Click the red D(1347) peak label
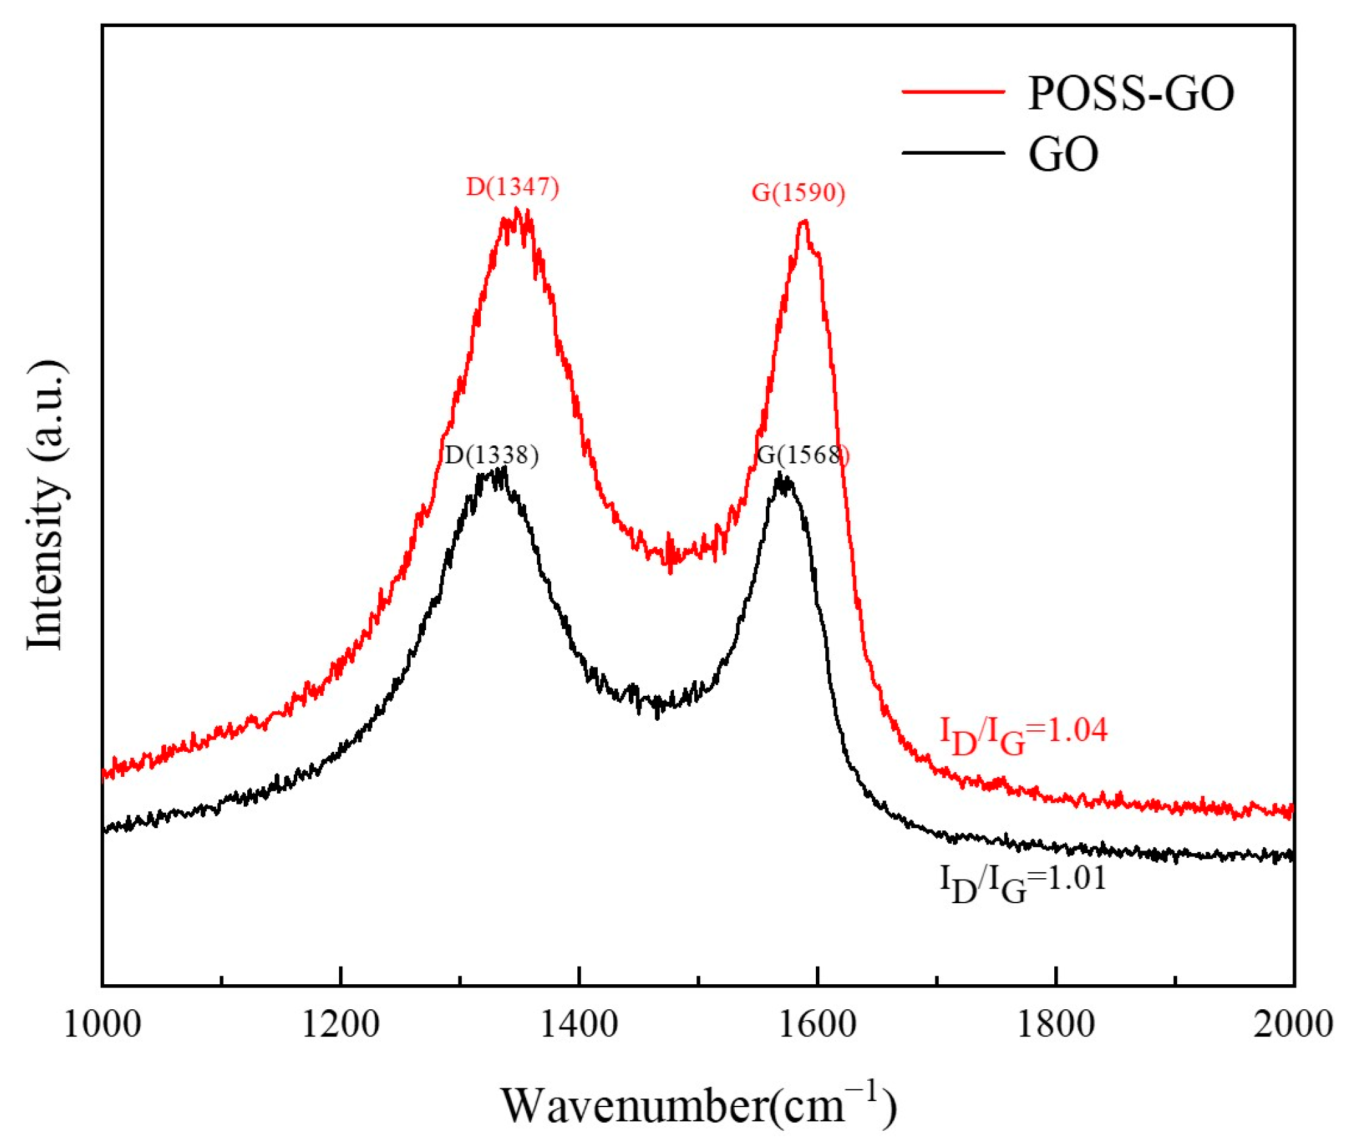click(513, 187)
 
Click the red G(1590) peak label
click(798, 193)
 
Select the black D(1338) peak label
click(491, 455)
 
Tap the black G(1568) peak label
click(802, 455)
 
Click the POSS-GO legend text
click(1131, 93)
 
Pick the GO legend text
click(1063, 155)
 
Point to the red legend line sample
click(953, 91)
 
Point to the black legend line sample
click(953, 153)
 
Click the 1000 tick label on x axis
click(102, 1025)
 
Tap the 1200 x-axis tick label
click(340, 1025)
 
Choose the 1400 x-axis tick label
click(579, 1025)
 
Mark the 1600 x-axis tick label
click(817, 1025)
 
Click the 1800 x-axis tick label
click(1056, 1025)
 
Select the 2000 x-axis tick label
click(1293, 1025)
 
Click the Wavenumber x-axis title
click(698, 1106)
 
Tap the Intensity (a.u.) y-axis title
click(46, 505)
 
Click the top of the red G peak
click(804, 222)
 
